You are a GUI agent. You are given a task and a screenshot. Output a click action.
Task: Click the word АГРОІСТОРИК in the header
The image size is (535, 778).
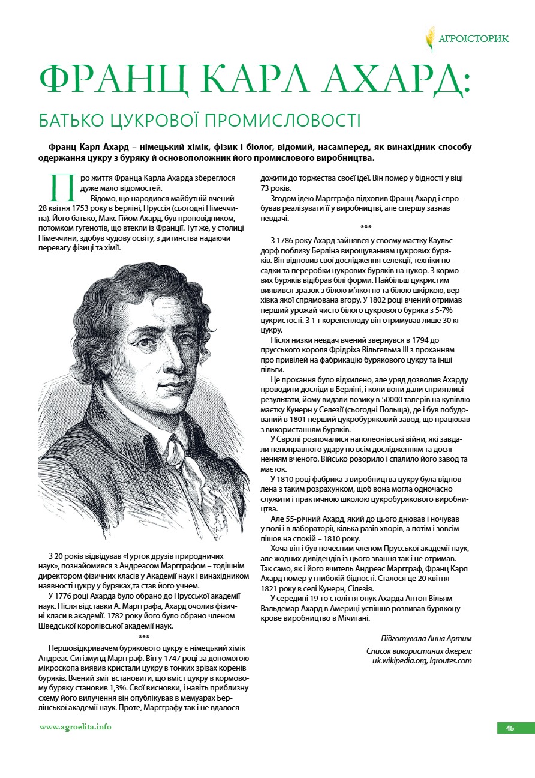(474, 39)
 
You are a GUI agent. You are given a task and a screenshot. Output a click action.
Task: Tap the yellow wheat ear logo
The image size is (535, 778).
(430, 39)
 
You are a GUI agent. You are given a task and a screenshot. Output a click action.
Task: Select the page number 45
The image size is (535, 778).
(510, 728)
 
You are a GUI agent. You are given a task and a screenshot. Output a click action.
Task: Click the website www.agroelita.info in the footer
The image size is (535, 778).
(75, 727)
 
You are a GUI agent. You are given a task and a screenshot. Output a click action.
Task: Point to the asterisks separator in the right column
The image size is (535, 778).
(366, 227)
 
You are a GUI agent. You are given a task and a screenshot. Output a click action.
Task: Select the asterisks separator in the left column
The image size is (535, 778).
(144, 636)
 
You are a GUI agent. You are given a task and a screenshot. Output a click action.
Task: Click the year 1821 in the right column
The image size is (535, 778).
(270, 590)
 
